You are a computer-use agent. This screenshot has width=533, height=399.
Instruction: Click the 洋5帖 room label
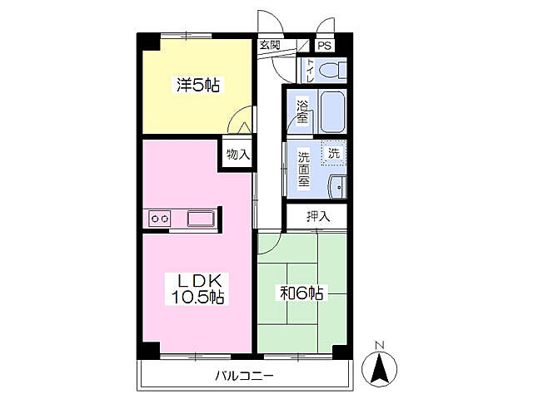[x=198, y=85]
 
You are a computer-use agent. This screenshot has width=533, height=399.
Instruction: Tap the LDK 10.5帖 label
[x=198, y=289]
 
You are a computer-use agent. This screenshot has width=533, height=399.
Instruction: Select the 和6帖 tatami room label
[x=301, y=293]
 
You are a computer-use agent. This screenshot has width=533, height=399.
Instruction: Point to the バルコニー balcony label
[x=244, y=376]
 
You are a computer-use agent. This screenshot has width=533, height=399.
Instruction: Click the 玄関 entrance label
[x=270, y=45]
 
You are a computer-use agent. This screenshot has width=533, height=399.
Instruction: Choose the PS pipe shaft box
[x=325, y=46]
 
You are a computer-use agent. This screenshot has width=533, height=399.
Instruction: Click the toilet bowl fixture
[x=333, y=71]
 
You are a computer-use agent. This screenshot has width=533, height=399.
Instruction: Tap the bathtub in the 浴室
[x=333, y=111]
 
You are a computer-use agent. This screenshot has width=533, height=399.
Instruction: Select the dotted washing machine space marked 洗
[x=334, y=153]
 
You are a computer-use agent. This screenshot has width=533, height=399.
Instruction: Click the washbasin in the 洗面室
[x=337, y=186]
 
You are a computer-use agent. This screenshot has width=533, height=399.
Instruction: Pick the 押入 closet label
[x=318, y=216]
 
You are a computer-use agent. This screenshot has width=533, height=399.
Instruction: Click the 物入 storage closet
[x=237, y=154]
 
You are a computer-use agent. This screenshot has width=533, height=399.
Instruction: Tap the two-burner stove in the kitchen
[x=160, y=219]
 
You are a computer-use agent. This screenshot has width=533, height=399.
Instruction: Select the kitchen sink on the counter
[x=201, y=219]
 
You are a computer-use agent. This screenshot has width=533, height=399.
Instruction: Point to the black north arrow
[x=380, y=367]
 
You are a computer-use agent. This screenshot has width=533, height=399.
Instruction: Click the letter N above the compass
[x=380, y=346]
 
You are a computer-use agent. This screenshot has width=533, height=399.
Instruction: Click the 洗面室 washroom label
[x=303, y=170]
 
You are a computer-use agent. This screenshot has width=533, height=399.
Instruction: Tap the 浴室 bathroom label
[x=301, y=111]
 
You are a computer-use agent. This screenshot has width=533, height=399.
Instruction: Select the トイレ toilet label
[x=310, y=71]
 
